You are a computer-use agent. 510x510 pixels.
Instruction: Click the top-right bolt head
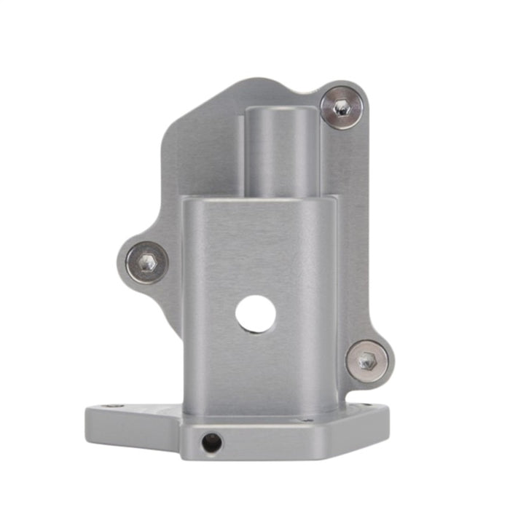click(341, 107)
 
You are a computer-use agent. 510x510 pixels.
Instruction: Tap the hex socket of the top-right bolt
click(341, 108)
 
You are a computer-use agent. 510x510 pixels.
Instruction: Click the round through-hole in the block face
click(256, 314)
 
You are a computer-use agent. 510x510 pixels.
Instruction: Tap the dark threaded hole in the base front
click(211, 442)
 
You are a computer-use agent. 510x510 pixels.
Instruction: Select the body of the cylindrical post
click(281, 157)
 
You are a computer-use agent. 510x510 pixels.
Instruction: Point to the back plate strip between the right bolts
click(353, 233)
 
